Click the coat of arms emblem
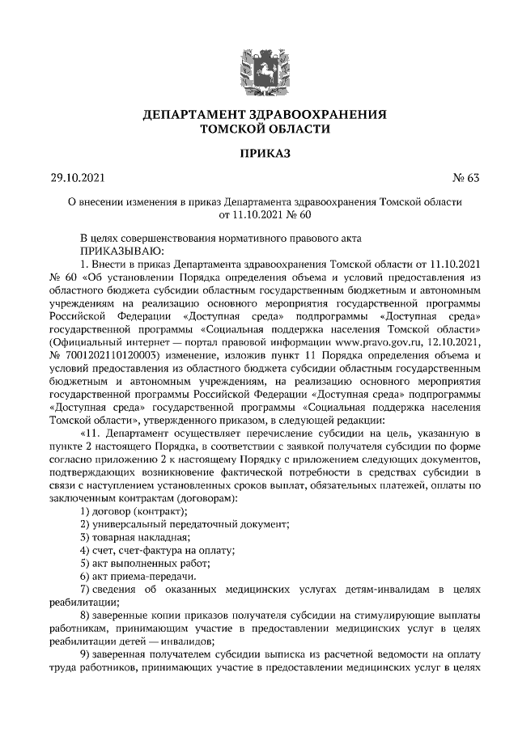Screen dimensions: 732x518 point(258,66)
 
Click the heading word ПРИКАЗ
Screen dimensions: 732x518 point(258,153)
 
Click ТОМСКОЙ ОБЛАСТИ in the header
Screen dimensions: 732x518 point(258,129)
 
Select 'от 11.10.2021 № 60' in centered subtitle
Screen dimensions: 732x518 point(258,214)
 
